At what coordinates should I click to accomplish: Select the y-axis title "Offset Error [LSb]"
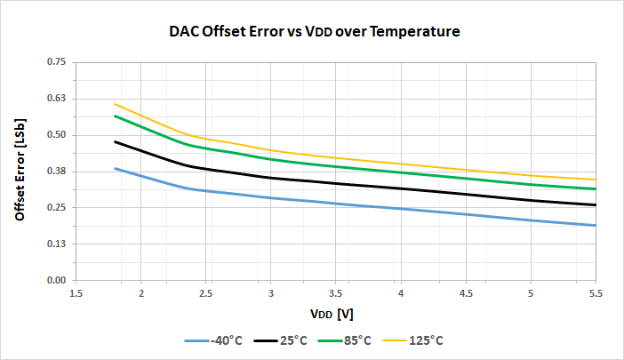coord(20,172)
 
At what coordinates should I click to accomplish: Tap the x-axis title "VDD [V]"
coord(333,314)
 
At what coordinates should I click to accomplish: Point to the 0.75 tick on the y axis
coord(56,62)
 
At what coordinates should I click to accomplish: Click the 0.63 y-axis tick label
coord(56,99)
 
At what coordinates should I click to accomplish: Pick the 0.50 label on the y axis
coord(56,135)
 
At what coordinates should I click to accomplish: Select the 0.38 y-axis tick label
coord(56,172)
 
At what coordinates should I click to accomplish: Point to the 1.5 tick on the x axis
coord(76,292)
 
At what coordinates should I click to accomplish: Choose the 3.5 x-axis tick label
coord(336,292)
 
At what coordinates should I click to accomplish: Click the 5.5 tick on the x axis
coord(596,292)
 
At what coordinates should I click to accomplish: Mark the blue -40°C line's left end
coord(115,168)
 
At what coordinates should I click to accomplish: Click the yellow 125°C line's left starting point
coord(115,104)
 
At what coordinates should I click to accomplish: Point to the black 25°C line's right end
coord(596,205)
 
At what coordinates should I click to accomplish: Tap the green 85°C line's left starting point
coord(115,116)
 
